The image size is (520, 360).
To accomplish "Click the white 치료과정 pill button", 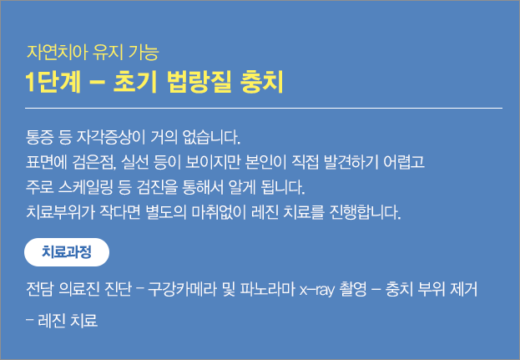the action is pyautogui.click(x=67, y=252).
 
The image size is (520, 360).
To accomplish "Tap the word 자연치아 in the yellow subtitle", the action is pyautogui.click(x=58, y=52).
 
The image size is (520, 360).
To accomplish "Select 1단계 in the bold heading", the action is pyautogui.click(x=53, y=82).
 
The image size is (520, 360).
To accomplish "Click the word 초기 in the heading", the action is pyautogui.click(x=134, y=82).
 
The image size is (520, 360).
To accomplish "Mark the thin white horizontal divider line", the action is pyautogui.click(x=264, y=108).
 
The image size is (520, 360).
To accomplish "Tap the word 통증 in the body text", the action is pyautogui.click(x=39, y=137).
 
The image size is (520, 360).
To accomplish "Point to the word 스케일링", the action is pyautogui.click(x=85, y=187).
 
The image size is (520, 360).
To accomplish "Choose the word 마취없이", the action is pyautogui.click(x=219, y=212).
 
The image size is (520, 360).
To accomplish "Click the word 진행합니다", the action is pyautogui.click(x=366, y=212).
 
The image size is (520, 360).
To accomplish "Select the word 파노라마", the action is pyautogui.click(x=268, y=289).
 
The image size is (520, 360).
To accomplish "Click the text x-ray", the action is pyautogui.click(x=317, y=290).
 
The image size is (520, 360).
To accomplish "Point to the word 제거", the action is pyautogui.click(x=463, y=289).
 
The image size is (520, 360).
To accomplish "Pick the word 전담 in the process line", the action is pyautogui.click(x=39, y=289).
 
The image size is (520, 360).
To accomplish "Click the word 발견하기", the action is pyautogui.click(x=351, y=162).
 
